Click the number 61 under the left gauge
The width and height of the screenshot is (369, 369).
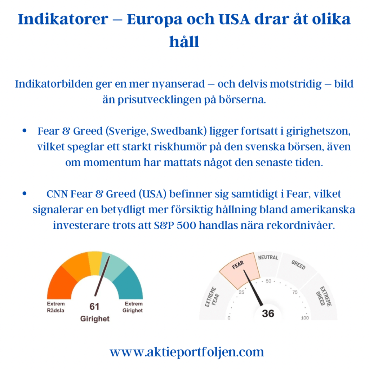pyautogui.click(x=94, y=306)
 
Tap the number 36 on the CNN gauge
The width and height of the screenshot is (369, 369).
pyautogui.click(x=268, y=314)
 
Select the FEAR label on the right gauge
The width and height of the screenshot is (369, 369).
pyautogui.click(x=238, y=265)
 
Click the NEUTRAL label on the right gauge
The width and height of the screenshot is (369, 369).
pyautogui.click(x=268, y=257)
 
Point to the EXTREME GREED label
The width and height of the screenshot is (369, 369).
pyautogui.click(x=324, y=296)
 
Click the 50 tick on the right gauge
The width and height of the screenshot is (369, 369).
pyautogui.click(x=268, y=281)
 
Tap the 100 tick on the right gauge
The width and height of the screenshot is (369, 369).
pyautogui.click(x=305, y=318)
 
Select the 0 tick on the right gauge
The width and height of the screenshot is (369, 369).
pyautogui.click(x=229, y=318)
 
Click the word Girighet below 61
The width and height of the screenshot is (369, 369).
pyautogui.click(x=95, y=319)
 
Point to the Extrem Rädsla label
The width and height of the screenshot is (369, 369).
pyautogui.click(x=55, y=307)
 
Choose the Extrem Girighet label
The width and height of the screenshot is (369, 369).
pyautogui.click(x=133, y=307)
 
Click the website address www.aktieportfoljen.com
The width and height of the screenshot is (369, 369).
pyautogui.click(x=187, y=352)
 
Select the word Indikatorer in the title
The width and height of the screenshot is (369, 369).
pyautogui.click(x=63, y=19)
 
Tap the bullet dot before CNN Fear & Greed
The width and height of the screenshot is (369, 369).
pyautogui.click(x=25, y=194)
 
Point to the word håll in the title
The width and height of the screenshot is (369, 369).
pyautogui.click(x=184, y=42)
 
